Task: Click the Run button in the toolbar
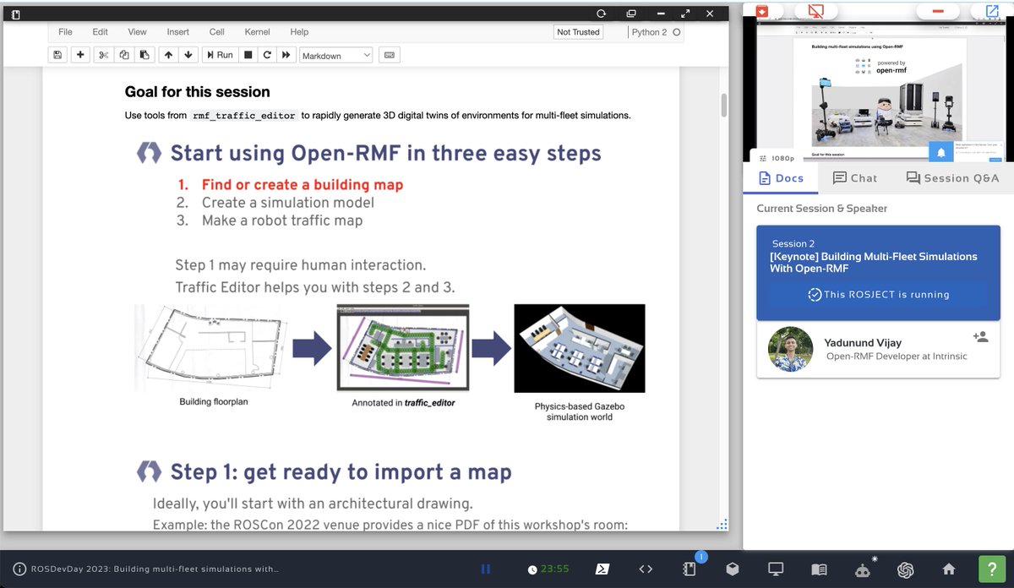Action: [x=218, y=55]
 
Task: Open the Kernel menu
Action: [x=257, y=32]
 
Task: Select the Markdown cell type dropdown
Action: [x=335, y=56]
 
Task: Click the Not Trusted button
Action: [x=578, y=32]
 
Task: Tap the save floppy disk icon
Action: [x=57, y=55]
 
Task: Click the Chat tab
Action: [x=854, y=178]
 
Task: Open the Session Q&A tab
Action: [x=952, y=178]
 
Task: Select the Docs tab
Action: [x=782, y=178]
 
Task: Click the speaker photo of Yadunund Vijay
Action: [x=790, y=349]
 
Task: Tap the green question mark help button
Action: [x=991, y=569]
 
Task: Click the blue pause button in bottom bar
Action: [x=486, y=569]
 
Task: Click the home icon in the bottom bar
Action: [x=949, y=569]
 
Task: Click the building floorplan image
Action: [x=213, y=347]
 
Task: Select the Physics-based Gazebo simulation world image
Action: [x=579, y=348]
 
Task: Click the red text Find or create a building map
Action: [x=302, y=184]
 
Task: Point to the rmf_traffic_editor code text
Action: [x=243, y=116]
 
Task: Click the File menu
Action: [x=65, y=32]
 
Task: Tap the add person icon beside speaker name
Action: [x=980, y=336]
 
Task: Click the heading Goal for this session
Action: [x=197, y=92]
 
